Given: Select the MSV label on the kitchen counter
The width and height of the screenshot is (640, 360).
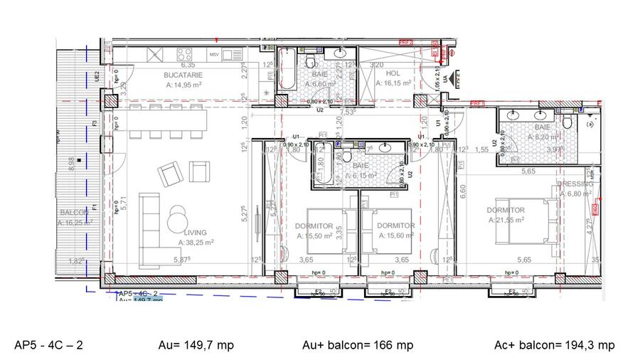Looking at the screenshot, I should (213, 55).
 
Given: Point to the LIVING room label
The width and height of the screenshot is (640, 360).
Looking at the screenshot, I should (196, 233).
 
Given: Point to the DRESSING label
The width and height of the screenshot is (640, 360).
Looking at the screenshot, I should (575, 184).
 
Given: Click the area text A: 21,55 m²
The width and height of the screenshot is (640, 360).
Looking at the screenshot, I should (506, 220).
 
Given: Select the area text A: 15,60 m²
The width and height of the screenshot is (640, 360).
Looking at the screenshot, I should (396, 235).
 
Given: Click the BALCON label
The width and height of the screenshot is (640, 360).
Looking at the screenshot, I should (73, 213).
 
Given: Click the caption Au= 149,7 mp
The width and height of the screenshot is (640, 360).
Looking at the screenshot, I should (196, 346).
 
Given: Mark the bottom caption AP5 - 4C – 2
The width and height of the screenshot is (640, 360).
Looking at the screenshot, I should (49, 346).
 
